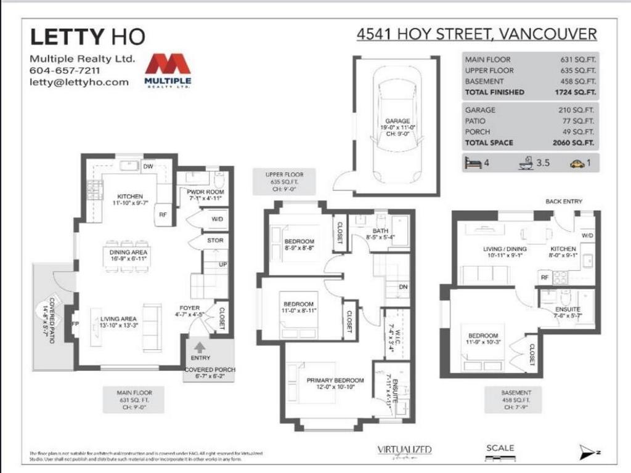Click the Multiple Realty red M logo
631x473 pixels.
click(x=168, y=65)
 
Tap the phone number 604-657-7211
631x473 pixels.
click(x=63, y=71)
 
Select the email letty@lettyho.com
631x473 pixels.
click(x=79, y=82)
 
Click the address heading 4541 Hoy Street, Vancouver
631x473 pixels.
click(x=476, y=34)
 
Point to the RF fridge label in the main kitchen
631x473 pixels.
click(x=163, y=215)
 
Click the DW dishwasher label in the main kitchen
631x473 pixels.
click(x=148, y=166)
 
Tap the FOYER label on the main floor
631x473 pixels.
click(x=189, y=308)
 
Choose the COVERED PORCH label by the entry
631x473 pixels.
click(x=210, y=370)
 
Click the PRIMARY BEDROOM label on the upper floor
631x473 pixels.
click(x=335, y=381)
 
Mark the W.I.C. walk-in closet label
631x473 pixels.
click(x=389, y=337)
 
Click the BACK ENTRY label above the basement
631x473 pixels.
click(x=563, y=201)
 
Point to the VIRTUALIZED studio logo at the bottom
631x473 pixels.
click(x=404, y=450)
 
